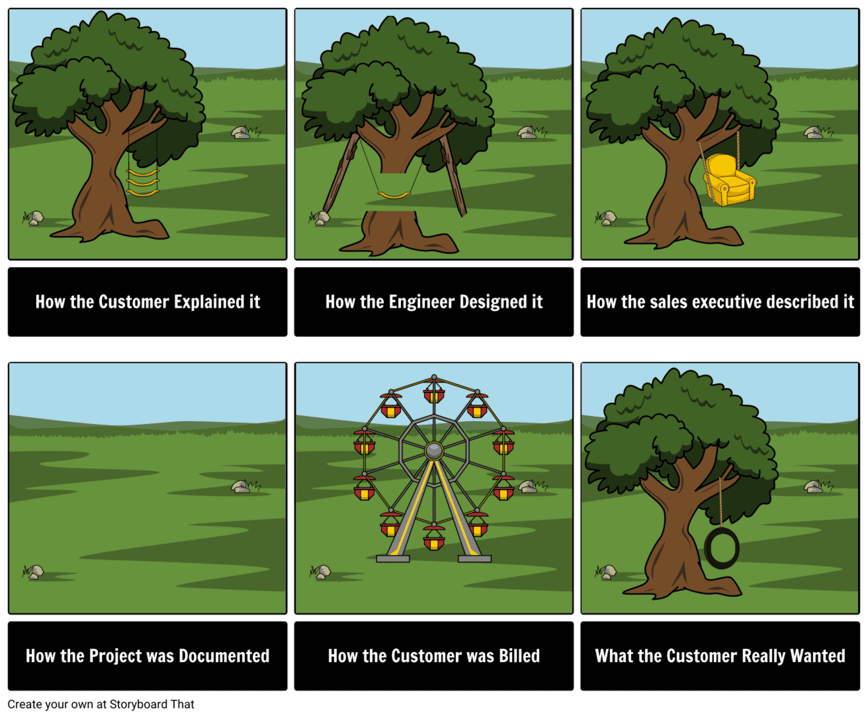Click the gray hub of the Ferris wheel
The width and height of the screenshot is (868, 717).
433,451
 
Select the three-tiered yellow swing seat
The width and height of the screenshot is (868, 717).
142,182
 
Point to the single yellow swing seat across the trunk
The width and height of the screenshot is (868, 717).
393,195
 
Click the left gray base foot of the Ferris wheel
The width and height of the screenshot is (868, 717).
393,558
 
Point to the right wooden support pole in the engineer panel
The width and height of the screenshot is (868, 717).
454,175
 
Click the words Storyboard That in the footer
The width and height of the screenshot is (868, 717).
152,704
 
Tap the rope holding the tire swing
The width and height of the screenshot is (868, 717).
721,502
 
